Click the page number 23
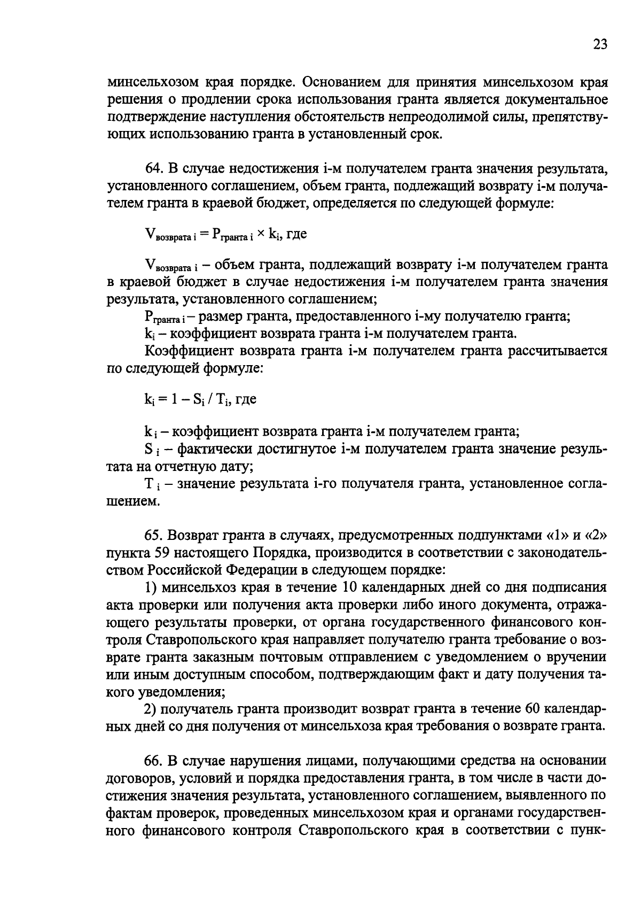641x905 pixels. [600, 45]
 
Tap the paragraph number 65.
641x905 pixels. [153, 536]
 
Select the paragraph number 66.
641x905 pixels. [153, 761]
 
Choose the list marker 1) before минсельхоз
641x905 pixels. [151, 587]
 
